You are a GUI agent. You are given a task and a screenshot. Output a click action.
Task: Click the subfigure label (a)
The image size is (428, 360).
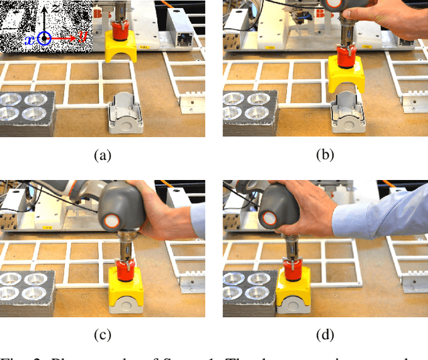click(102, 155)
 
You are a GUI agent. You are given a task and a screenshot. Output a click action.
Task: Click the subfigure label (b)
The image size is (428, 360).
click(324, 155)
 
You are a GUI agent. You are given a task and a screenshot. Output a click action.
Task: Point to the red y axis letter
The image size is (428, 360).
click(84, 38)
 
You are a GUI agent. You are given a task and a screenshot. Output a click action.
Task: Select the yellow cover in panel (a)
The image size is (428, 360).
click(121, 49)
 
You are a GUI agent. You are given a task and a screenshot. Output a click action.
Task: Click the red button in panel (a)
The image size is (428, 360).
click(120, 31)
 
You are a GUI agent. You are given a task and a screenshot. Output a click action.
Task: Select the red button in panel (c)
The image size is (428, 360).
click(123, 270)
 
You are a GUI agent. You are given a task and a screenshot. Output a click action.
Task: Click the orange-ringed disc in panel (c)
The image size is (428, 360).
click(112, 220)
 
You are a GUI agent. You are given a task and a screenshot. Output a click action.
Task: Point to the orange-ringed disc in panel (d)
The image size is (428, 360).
click(271, 218)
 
